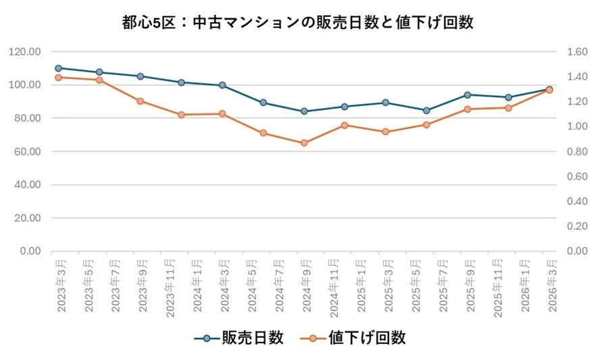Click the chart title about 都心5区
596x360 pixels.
(x=297, y=22)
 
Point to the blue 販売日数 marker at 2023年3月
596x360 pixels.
(x=58, y=68)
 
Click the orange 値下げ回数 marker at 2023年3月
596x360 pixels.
(x=58, y=78)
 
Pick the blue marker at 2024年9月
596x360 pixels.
(x=304, y=111)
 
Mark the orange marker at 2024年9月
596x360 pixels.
(x=304, y=143)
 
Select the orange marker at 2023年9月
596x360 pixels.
(x=141, y=101)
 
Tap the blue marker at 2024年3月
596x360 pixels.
(x=222, y=85)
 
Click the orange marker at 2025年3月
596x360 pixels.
(x=386, y=132)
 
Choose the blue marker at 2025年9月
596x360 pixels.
(x=468, y=95)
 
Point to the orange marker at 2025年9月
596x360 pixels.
(x=468, y=109)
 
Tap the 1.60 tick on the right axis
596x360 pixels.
(x=569, y=52)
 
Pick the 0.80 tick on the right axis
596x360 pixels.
(x=569, y=151)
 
